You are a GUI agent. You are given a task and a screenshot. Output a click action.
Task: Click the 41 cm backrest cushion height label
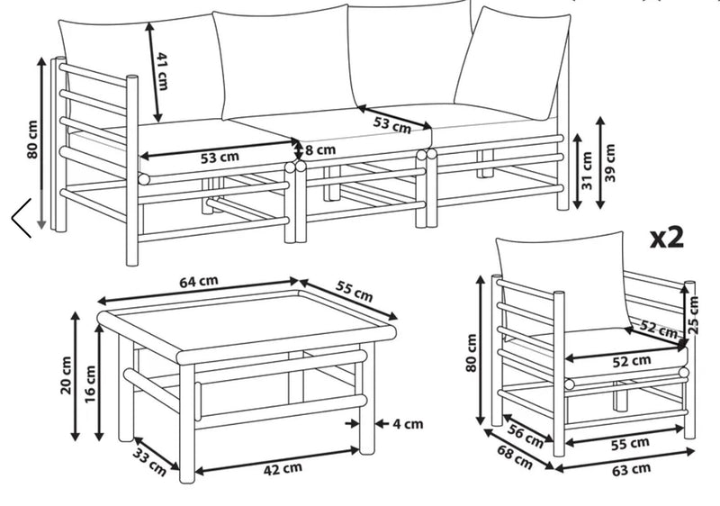click(x=163, y=71)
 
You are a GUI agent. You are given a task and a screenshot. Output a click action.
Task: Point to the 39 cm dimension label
click(x=612, y=163)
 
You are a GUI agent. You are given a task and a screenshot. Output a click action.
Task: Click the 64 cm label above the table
click(x=199, y=281)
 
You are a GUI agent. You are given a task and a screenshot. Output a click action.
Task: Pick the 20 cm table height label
click(x=67, y=375)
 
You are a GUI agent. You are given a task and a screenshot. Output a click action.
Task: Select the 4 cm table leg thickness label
click(x=407, y=423)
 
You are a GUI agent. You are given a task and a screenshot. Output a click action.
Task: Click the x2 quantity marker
click(x=667, y=238)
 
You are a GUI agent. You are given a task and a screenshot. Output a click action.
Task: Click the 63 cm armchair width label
click(x=631, y=469)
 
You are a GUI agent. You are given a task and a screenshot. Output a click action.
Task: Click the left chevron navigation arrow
click(x=21, y=217)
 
